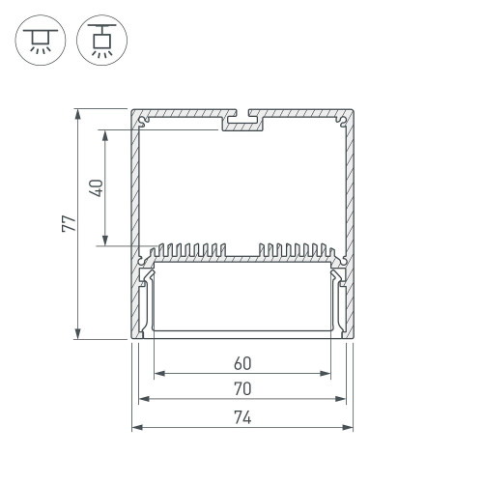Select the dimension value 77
pos(67,222)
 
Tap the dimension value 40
pos(93,186)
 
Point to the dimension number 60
pos(241,364)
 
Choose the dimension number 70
pos(241,390)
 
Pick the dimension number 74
pos(241,417)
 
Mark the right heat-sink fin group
pos(295,251)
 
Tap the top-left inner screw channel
pos(145,123)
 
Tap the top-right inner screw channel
pos(339,123)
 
